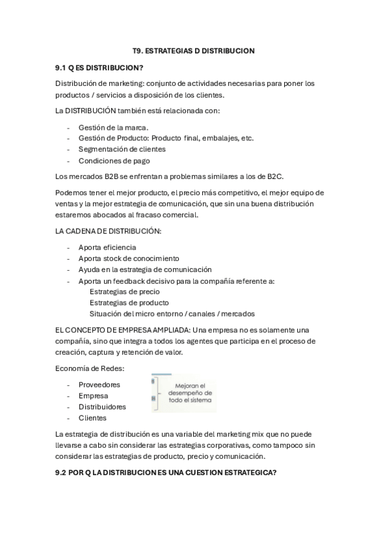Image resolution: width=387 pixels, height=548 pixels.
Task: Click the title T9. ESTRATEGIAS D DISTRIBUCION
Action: coord(194,50)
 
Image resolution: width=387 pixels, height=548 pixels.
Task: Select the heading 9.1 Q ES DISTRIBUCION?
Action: coord(99,67)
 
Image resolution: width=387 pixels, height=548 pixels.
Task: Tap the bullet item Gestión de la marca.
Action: coord(113,127)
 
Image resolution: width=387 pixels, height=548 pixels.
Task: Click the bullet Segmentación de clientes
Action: coord(121,149)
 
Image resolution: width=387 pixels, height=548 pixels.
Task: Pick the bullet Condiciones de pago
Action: coord(114,161)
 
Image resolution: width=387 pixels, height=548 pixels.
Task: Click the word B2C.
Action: coord(275,176)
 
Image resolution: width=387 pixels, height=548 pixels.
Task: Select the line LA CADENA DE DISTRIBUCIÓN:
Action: coord(109,231)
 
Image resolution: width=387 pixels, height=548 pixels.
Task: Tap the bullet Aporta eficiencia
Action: coord(107,247)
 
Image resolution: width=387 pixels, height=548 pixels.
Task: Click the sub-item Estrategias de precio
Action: coord(125,291)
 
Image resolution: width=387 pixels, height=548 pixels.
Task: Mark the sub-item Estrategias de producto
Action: coord(129,302)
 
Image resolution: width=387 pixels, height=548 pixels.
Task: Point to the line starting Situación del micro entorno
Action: coord(172,313)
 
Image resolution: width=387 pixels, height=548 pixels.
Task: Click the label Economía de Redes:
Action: coord(90,368)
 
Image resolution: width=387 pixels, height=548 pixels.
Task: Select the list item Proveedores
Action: coord(99,385)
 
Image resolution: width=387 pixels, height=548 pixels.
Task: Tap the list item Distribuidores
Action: coord(102,406)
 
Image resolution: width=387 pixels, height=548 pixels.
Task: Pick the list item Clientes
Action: coord(92,417)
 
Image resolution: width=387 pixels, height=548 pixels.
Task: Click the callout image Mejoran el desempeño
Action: coord(185,393)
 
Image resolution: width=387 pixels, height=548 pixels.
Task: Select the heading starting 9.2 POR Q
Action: coord(167,472)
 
